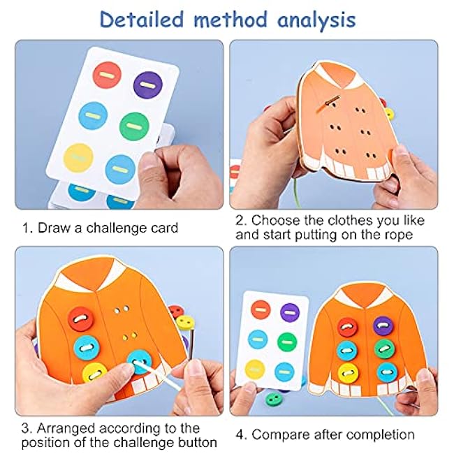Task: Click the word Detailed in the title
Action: pyautogui.click(x=142, y=20)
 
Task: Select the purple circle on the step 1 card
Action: pyautogui.click(x=148, y=85)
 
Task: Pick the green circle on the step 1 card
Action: pyautogui.click(x=134, y=126)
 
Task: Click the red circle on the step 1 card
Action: pyautogui.click(x=107, y=75)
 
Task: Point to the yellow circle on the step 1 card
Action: pyautogui.click(x=78, y=158)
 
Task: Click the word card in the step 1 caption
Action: pyautogui.click(x=164, y=228)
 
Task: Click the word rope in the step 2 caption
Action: pyautogui.click(x=398, y=235)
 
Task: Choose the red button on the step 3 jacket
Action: pyautogui.click(x=81, y=318)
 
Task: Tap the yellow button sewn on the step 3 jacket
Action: pyautogui.click(x=95, y=373)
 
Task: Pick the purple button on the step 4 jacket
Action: pyautogui.click(x=383, y=325)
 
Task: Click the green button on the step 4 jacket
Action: pyautogui.click(x=384, y=349)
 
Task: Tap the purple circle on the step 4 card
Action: pyautogui.click(x=290, y=313)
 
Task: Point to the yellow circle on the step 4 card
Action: pyautogui.click(x=255, y=369)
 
